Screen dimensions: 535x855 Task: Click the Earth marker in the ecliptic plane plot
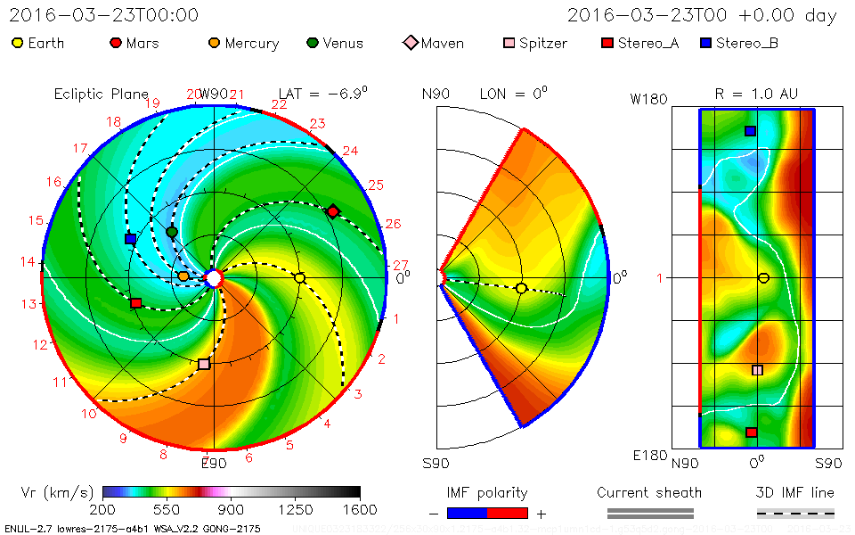point(300,278)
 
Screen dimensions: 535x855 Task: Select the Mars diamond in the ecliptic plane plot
point(333,211)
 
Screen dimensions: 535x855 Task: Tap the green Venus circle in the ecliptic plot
point(172,232)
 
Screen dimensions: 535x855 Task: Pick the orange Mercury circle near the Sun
point(183,276)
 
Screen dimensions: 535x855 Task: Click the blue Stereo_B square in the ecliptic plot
point(131,239)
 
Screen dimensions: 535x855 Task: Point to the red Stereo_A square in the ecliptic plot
point(135,303)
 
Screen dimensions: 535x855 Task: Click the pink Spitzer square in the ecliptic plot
point(204,364)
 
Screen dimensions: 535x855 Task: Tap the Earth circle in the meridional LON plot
point(521,288)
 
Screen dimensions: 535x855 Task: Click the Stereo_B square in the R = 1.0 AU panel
point(750,131)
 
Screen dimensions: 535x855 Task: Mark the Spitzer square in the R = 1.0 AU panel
point(757,370)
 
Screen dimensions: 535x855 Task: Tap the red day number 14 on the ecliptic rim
point(28,262)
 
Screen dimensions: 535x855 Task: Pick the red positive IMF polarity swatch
point(508,513)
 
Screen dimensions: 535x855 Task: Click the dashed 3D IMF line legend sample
point(795,513)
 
